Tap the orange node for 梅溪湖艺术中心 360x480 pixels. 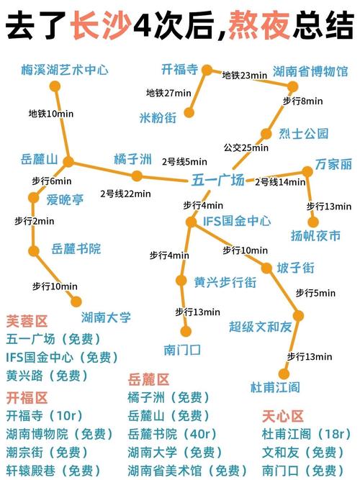(x=55, y=86)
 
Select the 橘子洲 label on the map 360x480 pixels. (x=132, y=158)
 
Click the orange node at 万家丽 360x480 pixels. (x=307, y=171)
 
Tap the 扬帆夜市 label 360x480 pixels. (x=315, y=235)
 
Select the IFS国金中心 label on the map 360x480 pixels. (x=238, y=221)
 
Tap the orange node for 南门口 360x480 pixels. (x=186, y=332)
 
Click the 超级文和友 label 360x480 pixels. (x=261, y=327)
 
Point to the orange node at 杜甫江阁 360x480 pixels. (x=283, y=373)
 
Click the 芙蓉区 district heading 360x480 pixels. (x=27, y=320)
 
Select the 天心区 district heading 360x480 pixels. (x=283, y=416)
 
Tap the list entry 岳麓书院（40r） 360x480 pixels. (x=172, y=433)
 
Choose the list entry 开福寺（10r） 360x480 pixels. (x=45, y=416)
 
